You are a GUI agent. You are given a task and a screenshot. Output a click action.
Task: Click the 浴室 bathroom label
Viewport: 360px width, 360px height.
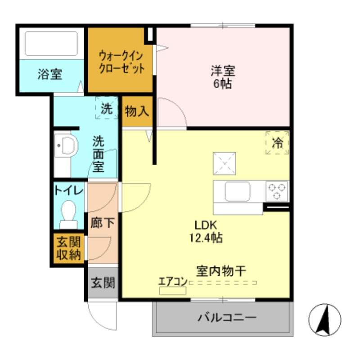(49, 74)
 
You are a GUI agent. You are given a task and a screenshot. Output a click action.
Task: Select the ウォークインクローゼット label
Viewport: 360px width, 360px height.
(121, 63)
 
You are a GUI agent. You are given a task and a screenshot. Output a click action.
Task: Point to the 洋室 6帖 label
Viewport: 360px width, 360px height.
(223, 77)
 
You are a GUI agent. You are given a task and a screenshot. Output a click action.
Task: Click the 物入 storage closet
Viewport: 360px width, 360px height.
(137, 111)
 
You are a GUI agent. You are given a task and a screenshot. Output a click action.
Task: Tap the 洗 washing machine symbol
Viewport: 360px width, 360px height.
(107, 108)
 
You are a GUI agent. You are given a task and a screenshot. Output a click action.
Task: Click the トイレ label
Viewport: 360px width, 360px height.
(68, 190)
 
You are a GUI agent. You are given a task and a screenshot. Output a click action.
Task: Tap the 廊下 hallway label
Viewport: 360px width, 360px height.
(102, 223)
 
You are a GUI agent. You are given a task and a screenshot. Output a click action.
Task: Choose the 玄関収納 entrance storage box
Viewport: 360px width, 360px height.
(68, 249)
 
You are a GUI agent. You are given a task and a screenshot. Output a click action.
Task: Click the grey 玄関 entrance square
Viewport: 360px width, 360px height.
(103, 283)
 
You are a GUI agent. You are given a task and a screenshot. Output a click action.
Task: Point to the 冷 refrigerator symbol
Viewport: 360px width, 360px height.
(277, 143)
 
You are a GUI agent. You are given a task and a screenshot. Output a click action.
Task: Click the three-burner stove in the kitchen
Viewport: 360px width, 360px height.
(277, 191)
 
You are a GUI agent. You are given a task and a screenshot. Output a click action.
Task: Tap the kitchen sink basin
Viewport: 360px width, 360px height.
(238, 192)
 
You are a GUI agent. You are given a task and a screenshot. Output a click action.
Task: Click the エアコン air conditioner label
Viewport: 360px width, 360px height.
(172, 282)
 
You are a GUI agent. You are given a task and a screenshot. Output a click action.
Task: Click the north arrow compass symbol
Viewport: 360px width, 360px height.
(324, 319)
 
